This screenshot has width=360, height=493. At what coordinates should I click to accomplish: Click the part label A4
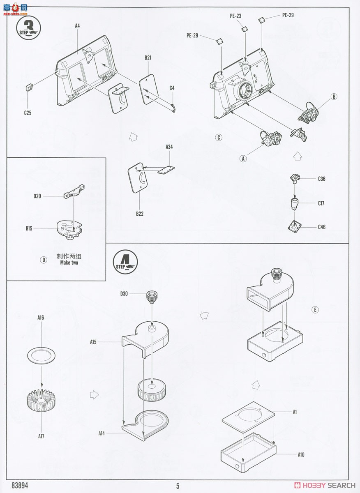click(77, 26)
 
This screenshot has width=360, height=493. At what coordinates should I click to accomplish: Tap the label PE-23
click(235, 16)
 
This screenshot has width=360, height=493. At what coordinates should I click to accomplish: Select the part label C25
click(28, 113)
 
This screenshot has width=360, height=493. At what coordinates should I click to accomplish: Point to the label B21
click(148, 58)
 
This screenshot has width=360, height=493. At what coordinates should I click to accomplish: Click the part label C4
click(172, 88)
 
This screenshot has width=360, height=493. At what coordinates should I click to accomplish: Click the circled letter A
click(243, 158)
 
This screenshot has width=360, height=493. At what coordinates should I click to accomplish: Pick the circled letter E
click(315, 310)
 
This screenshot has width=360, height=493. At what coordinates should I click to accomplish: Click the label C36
click(321, 179)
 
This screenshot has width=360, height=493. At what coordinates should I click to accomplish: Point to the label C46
click(321, 227)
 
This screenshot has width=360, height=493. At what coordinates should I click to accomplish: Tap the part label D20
click(38, 196)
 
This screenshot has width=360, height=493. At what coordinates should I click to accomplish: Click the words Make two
click(69, 263)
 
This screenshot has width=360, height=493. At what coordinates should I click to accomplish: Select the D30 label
click(124, 293)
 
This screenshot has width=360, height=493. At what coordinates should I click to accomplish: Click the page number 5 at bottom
click(178, 486)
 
